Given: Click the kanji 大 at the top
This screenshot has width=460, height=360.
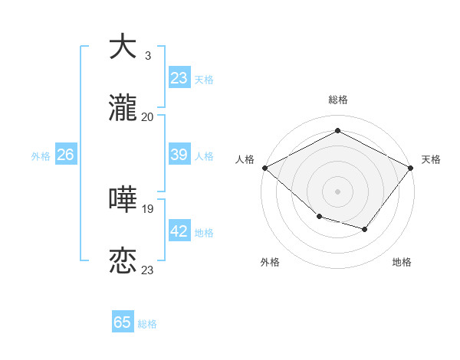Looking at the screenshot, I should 123,47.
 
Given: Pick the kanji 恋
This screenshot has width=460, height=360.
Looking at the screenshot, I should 123,261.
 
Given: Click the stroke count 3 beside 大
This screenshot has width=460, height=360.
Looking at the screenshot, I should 147,56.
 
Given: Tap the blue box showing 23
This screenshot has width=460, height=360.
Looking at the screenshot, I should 179,78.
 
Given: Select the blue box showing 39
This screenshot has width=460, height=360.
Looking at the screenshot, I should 179,155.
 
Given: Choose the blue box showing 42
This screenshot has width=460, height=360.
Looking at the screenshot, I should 179,231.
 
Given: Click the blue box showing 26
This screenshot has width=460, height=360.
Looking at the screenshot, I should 65,155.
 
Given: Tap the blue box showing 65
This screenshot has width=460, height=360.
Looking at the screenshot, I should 123,322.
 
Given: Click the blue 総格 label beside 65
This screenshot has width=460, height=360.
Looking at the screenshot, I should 147,324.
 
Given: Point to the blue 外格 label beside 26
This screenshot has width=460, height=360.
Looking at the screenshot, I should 41,156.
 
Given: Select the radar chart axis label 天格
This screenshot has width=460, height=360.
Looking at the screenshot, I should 431,159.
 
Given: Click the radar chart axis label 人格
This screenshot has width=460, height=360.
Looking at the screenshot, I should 245,159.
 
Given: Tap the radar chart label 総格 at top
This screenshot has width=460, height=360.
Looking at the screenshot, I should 338,100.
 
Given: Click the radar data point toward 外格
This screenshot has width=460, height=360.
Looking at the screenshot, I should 319,217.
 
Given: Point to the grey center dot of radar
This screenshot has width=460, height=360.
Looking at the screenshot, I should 338,191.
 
